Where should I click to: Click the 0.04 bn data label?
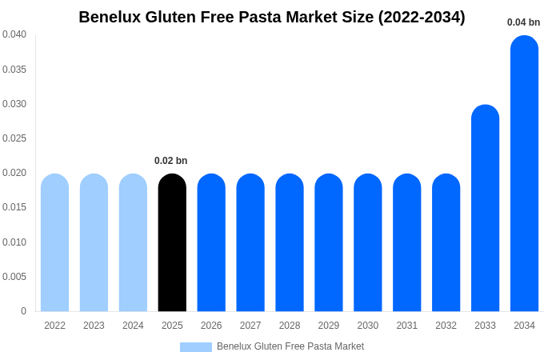[x=523, y=22]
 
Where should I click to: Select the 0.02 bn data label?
[x=170, y=161]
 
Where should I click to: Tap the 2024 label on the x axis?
[x=133, y=326]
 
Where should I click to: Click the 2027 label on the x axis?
[x=250, y=326]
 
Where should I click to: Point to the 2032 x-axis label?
[x=446, y=326]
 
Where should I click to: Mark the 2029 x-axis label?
[x=329, y=326]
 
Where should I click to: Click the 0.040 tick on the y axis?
[x=14, y=34]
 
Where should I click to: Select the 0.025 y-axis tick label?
[x=14, y=138]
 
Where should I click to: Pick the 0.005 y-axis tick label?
[x=14, y=277]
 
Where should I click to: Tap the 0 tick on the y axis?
[x=23, y=311]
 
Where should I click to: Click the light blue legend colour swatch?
[x=196, y=347]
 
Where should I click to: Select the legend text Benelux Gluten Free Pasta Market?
[x=290, y=346]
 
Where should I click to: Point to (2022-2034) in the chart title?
[x=422, y=17]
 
